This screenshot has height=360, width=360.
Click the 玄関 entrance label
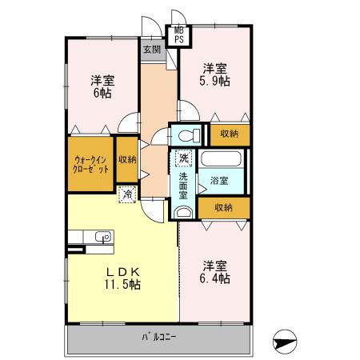152,50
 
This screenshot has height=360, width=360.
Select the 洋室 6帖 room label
102,86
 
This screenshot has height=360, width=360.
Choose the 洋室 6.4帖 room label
214,271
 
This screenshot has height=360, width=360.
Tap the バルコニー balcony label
160,336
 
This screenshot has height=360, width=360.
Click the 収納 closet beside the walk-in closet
126,159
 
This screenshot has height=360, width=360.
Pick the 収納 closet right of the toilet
229,134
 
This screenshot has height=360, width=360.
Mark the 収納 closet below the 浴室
224,207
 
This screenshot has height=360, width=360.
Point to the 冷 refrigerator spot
126,193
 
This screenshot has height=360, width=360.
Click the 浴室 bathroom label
219,180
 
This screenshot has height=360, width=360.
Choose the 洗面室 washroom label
183,185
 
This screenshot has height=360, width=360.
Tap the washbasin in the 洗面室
183,212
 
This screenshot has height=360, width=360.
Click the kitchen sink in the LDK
102,236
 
